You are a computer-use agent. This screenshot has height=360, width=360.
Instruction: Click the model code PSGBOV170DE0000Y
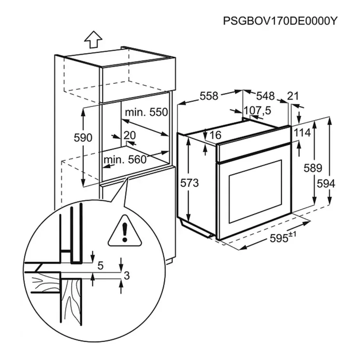pos(279,21)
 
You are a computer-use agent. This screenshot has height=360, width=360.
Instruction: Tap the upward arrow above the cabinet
pos(94,39)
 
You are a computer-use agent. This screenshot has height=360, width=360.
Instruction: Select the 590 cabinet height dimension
pos(83,137)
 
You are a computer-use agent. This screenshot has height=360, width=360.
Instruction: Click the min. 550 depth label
pos(146,112)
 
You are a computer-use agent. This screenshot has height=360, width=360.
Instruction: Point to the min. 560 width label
pos(125,159)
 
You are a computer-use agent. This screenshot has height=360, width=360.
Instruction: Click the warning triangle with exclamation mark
pos(125,232)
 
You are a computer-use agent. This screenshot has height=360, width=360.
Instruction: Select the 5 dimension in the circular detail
pos(100,266)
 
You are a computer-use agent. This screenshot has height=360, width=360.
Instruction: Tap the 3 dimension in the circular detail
pos(126,275)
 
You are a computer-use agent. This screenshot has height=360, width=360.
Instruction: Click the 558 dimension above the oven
pos(209,96)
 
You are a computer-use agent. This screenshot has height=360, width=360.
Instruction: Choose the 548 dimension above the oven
pos(266,96)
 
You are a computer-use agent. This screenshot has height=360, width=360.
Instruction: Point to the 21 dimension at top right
pos(293,96)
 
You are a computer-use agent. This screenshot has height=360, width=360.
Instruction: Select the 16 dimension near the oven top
pos(215,135)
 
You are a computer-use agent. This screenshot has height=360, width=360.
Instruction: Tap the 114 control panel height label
pos(302,133)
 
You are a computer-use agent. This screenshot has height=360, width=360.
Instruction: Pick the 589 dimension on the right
pos(314,168)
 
